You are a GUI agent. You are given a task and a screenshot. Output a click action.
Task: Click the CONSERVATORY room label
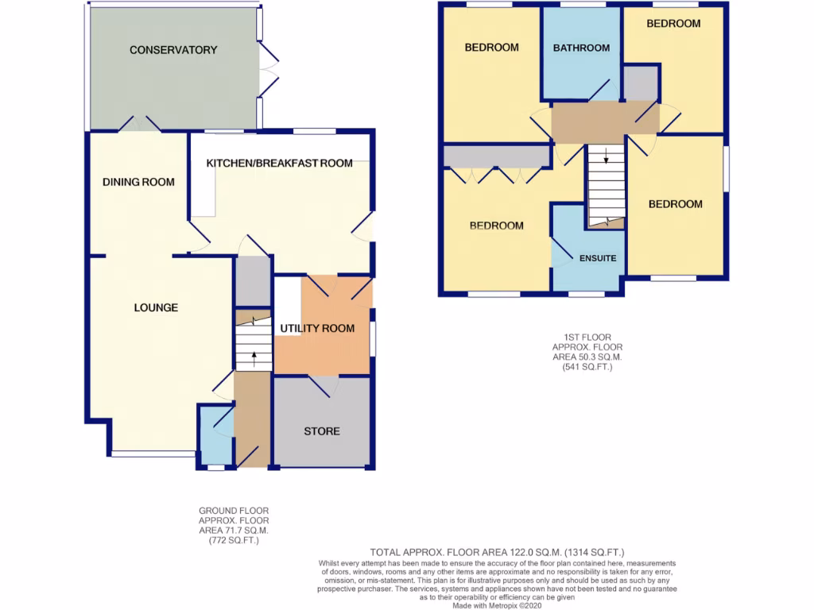[173, 50]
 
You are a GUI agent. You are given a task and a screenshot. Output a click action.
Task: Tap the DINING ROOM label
[138, 182]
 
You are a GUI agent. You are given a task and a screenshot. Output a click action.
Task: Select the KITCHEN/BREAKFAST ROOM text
[279, 164]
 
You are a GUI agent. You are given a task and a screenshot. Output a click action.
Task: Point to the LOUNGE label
[156, 307]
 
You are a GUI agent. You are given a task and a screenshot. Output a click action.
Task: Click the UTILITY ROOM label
[317, 328]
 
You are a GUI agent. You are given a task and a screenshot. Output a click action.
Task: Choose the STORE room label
[321, 431]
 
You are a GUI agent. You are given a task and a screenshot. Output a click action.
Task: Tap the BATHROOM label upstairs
[581, 48]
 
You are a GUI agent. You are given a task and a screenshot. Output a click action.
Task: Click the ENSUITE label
[598, 259]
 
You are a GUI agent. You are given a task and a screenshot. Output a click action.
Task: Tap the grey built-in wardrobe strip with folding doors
[497, 156]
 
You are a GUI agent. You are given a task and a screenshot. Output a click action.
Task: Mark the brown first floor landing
[604, 122]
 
